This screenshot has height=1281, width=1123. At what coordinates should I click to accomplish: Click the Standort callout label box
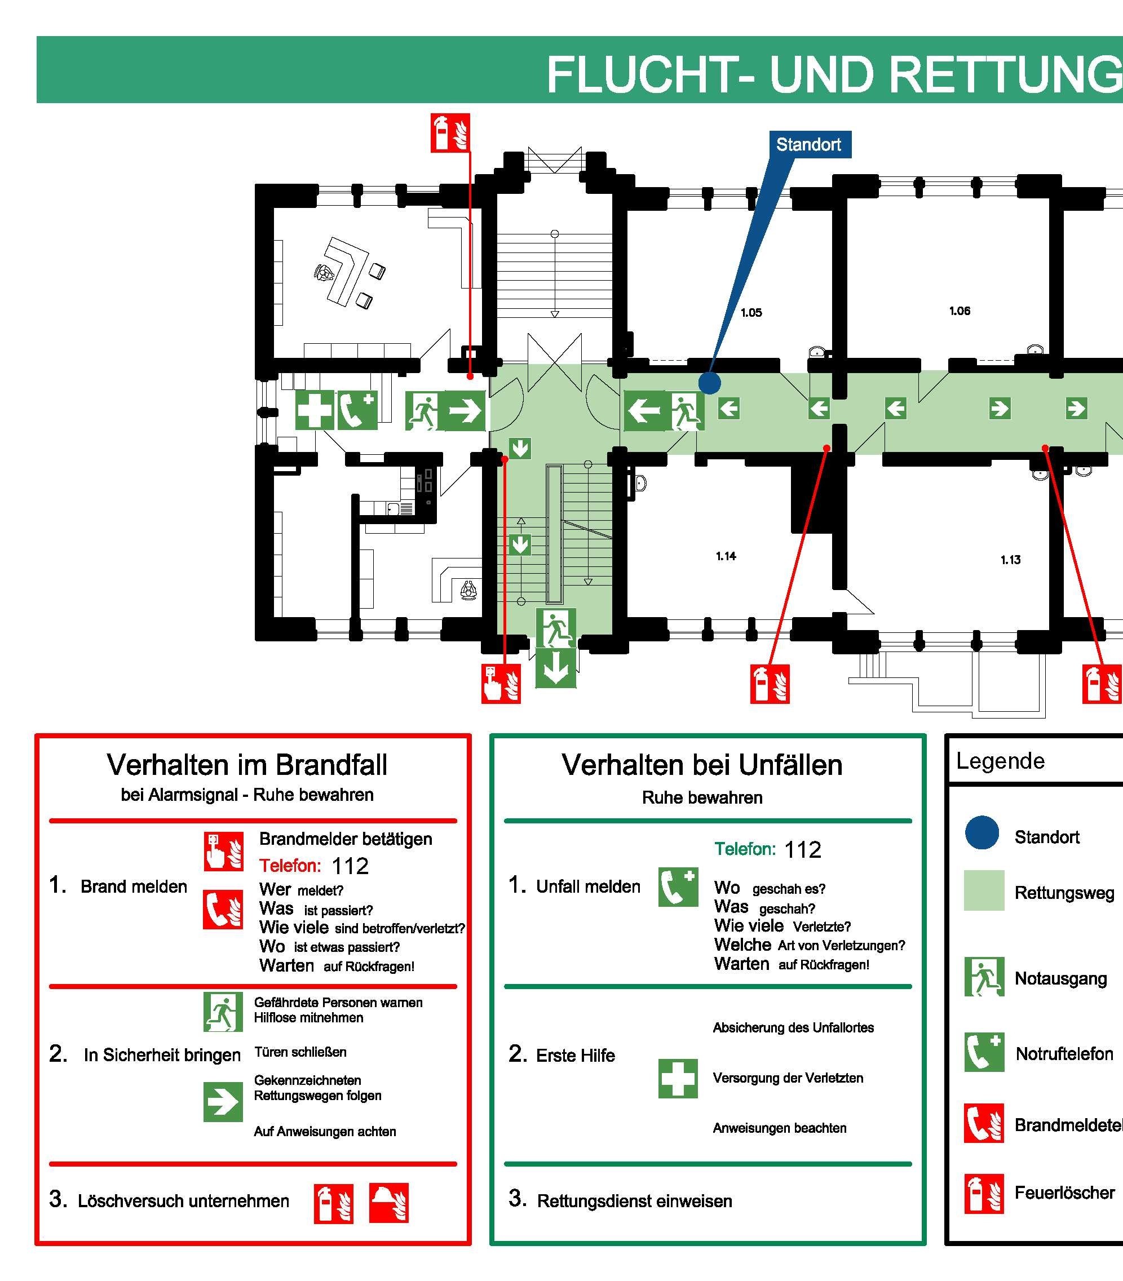(808, 145)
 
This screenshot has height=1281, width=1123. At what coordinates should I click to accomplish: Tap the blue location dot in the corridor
(709, 382)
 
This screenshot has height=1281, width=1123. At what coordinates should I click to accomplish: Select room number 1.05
(751, 313)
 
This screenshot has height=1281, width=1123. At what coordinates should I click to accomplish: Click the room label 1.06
(960, 311)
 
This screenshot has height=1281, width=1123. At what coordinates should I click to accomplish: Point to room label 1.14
(726, 556)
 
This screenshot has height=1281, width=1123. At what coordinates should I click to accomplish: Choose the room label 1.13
(1010, 560)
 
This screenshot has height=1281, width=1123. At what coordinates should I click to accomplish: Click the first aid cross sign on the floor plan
(315, 410)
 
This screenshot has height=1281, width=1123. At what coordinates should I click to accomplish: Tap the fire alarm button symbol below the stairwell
(500, 684)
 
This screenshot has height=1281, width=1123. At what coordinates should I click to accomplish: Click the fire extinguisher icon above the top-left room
(450, 133)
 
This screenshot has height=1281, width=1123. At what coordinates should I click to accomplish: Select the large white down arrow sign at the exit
(555, 668)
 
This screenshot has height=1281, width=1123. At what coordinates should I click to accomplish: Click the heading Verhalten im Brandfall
(247, 765)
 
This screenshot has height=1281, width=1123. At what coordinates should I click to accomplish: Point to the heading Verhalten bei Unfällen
(702, 765)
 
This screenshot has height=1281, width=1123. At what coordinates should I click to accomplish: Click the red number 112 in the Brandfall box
(350, 866)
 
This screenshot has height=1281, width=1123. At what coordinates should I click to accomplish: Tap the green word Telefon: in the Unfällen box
(745, 849)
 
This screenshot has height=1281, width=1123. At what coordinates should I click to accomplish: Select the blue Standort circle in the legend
(982, 832)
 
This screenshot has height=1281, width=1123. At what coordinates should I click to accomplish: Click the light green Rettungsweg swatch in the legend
(984, 890)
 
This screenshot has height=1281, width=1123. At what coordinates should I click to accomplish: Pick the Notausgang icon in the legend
(984, 977)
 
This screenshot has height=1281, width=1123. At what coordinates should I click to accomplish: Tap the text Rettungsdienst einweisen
(634, 1202)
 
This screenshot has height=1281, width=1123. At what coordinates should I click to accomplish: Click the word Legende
(1000, 761)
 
